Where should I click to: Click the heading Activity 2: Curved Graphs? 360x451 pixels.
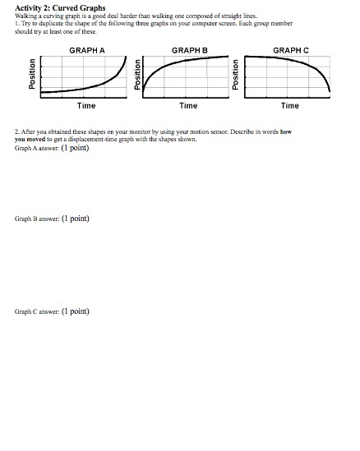(60, 7)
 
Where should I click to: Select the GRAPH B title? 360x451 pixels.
(188, 50)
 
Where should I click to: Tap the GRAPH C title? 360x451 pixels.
(290, 50)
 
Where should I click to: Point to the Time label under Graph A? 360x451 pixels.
(85, 106)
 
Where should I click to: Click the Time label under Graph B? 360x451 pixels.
(187, 106)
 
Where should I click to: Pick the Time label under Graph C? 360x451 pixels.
(289, 106)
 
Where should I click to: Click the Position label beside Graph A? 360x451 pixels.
(33, 76)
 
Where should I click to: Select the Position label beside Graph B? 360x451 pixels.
(136, 76)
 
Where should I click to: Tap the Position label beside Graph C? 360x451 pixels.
(235, 76)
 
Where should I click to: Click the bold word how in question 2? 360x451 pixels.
(284, 131)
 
